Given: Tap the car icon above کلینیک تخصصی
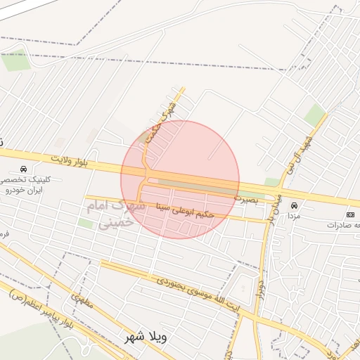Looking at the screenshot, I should coord(25,169).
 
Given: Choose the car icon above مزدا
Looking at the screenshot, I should coord(294,206).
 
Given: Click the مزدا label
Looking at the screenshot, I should coord(294,217).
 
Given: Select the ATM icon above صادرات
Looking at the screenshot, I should coord(350,214).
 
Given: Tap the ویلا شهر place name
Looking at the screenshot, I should coord(145,336).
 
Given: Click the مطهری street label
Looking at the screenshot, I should coord(81,304).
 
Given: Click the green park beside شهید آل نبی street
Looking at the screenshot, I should coord(314,115).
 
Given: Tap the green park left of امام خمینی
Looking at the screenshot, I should coord(85,223).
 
